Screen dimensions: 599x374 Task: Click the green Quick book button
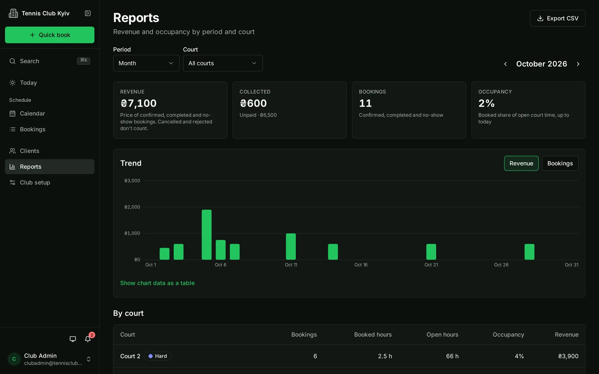49,35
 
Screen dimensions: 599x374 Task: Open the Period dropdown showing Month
146,63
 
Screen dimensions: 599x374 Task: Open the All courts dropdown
223,63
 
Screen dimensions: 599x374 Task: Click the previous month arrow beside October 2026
505,64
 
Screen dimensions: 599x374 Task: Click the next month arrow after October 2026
578,64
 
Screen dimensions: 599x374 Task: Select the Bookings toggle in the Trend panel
560,163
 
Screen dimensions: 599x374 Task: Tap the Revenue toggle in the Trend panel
521,163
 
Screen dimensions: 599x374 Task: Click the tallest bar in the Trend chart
206,234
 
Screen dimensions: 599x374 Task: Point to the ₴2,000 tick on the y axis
132,207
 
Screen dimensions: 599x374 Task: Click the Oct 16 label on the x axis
361,265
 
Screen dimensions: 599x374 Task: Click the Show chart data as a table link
157,283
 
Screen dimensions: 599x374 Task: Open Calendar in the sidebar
32,113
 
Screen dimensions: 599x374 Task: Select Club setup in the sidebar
35,183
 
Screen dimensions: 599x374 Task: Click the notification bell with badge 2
88,339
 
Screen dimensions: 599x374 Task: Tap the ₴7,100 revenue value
138,103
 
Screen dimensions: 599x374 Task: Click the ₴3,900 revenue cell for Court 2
568,356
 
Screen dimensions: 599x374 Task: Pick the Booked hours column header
373,334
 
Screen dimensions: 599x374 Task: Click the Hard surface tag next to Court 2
158,356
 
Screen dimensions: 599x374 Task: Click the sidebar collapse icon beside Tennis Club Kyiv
88,13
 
